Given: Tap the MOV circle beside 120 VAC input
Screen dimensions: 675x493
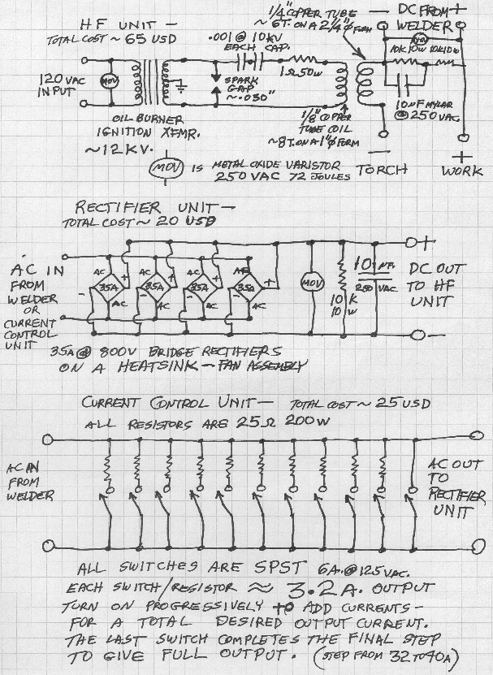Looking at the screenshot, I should [104, 83].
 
